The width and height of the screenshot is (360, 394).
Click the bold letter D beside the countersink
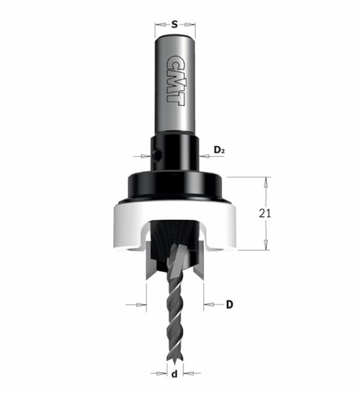point(230,305)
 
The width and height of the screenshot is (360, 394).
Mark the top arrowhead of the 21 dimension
point(266,181)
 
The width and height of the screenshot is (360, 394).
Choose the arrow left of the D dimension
point(140,305)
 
